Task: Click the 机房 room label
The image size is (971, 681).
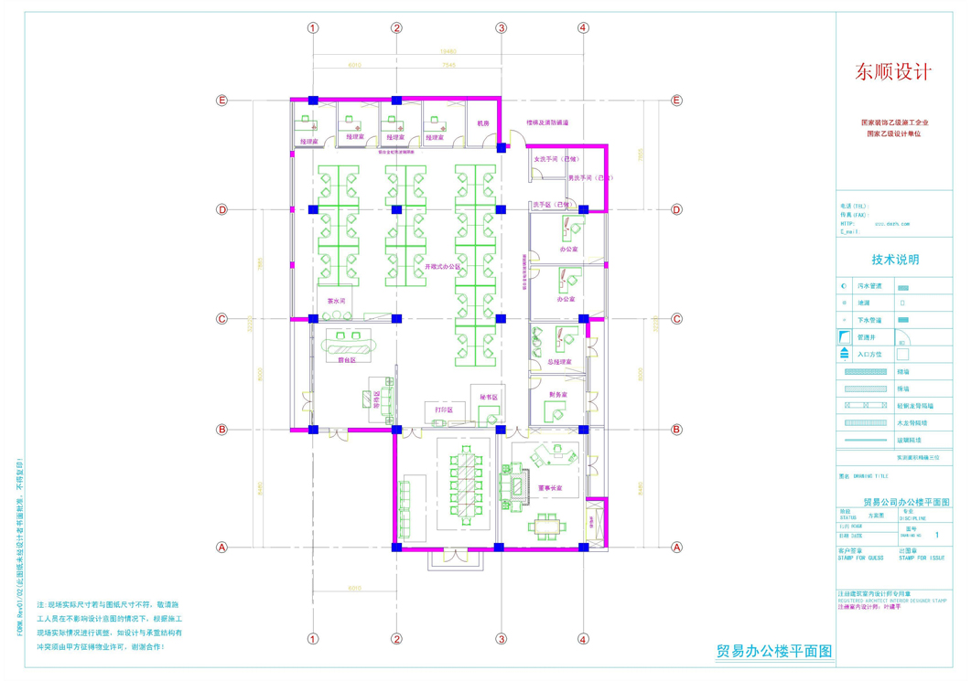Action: (482, 123)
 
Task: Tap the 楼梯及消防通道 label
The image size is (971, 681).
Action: (547, 122)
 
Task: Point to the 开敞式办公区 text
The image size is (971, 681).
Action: (442, 266)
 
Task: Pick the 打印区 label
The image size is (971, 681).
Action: (444, 410)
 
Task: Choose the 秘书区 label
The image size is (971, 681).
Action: (488, 398)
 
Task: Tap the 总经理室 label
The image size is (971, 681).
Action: (558, 362)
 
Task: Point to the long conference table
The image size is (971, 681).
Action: (467, 483)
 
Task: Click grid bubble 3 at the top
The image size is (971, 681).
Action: (502, 28)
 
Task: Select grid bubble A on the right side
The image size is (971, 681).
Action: (677, 548)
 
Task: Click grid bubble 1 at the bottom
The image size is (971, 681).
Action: (313, 639)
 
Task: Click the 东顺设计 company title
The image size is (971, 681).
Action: (892, 71)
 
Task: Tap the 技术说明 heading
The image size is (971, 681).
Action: (893, 261)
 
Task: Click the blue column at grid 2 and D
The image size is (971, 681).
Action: (396, 210)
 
